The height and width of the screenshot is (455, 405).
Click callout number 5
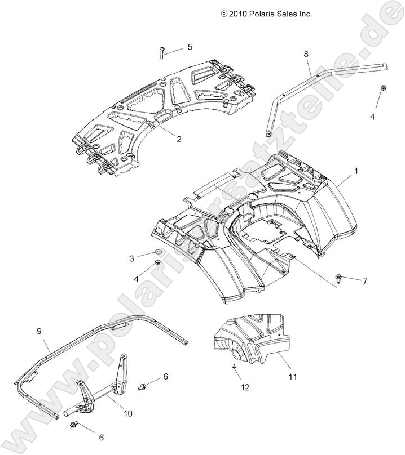(190, 47)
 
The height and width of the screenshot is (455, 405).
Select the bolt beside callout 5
(161, 52)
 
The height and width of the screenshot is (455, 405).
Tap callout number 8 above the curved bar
(306, 54)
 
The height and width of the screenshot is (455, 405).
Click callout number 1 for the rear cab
(355, 169)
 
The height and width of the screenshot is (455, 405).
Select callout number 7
(365, 280)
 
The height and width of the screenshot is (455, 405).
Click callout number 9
(39, 331)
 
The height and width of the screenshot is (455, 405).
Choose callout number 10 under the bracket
(127, 413)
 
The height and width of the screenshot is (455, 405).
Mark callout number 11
(293, 377)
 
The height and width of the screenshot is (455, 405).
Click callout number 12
(244, 387)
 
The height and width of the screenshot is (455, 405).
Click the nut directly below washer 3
(158, 264)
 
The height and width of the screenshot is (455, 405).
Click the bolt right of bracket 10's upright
(144, 386)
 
